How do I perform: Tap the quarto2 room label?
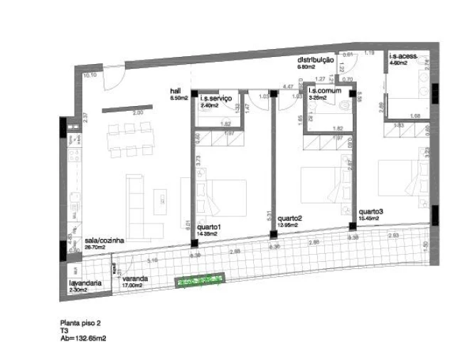click(x=290, y=218)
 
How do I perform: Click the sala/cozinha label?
click(x=105, y=241)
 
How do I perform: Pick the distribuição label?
click(x=316, y=60)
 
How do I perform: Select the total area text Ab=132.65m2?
click(x=83, y=339)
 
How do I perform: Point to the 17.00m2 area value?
click(x=134, y=285)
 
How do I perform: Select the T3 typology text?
click(x=64, y=331)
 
